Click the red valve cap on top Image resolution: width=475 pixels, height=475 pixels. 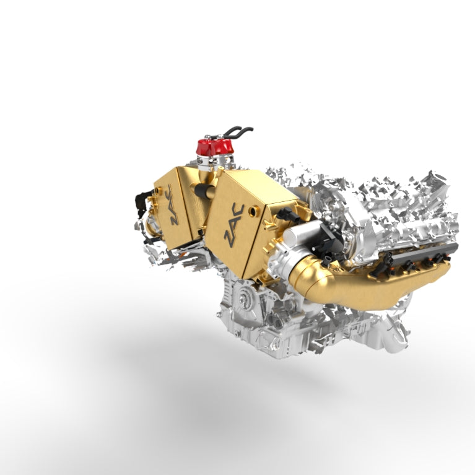coord(213,147)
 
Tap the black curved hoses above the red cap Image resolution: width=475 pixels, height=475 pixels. coord(238,132)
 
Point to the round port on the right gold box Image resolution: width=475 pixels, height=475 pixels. coord(251,211)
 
